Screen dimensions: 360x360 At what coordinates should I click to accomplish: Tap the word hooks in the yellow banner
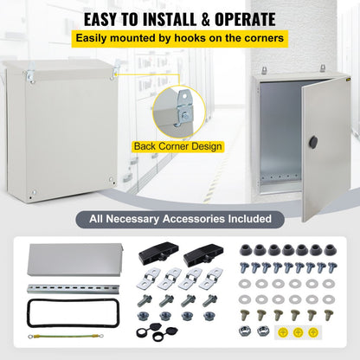coord(201,39)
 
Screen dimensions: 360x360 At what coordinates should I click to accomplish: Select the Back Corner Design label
coord(178,146)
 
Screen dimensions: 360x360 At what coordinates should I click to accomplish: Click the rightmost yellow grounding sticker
coord(336,332)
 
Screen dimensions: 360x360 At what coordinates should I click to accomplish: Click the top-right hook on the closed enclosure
coord(112,75)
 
